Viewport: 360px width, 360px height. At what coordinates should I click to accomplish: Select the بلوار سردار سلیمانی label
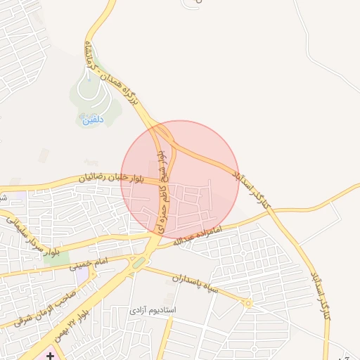point(35,235)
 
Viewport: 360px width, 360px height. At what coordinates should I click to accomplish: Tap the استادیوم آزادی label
point(154,309)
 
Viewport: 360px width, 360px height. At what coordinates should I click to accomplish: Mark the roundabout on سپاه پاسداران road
point(247,303)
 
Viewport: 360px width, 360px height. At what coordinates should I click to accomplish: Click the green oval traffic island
point(139,262)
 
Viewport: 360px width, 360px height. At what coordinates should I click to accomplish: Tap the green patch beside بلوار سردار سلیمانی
point(51,257)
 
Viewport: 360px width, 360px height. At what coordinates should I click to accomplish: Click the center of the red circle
point(181,179)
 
